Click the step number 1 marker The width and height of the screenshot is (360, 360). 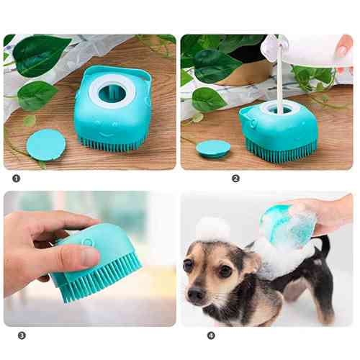(x=16, y=179)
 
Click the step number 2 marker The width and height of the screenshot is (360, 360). (x=235, y=179)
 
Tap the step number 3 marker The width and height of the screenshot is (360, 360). (x=22, y=336)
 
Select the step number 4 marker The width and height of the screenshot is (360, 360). (x=211, y=336)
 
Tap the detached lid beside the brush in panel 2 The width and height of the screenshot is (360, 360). (x=213, y=149)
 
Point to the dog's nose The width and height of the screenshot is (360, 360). (x=196, y=294)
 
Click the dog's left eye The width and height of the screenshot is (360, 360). (x=225, y=271)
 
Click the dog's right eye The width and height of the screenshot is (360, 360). (x=187, y=264)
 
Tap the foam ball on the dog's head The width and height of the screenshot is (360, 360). (x=212, y=228)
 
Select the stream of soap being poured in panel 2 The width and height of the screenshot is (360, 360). (x=280, y=79)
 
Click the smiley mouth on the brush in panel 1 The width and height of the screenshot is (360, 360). (x=106, y=135)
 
